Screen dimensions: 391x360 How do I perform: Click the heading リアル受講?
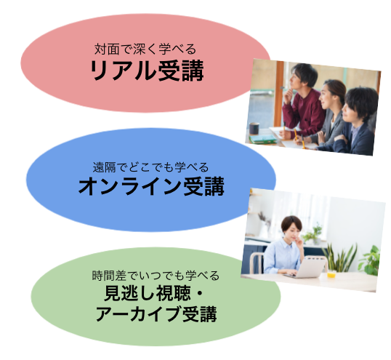pos(147,71)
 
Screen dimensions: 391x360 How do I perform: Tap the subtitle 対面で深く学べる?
pos(145,49)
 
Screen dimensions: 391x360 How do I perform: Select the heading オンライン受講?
pos(151,186)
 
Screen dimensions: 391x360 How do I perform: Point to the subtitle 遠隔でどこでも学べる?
pos(150,167)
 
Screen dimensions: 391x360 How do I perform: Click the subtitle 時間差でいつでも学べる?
pos(156,276)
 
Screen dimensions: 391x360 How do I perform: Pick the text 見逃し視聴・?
pos(154,293)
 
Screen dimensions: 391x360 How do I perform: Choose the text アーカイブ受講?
pos(156,314)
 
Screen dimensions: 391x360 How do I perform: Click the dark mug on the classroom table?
pos(254,129)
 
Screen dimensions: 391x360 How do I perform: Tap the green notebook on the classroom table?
pos(263,139)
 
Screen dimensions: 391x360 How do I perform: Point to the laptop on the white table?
pos(308,268)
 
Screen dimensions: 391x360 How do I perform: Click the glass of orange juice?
pos(331,274)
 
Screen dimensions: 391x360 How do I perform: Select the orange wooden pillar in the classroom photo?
pos(279,94)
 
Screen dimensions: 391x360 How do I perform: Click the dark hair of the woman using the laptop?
pos(291,223)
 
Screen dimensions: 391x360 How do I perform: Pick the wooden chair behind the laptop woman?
pos(257,263)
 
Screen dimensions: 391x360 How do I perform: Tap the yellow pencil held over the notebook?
pos(296,135)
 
